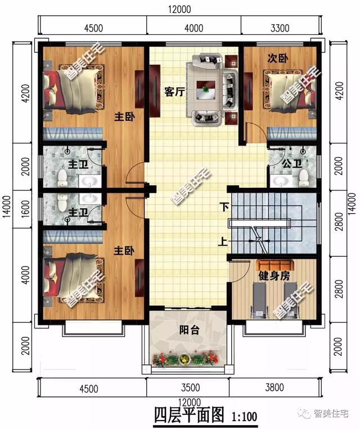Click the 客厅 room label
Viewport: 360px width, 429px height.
[x=175, y=93]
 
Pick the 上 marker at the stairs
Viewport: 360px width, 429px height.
[x=223, y=243]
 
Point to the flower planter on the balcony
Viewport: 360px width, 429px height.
[x=184, y=358]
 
